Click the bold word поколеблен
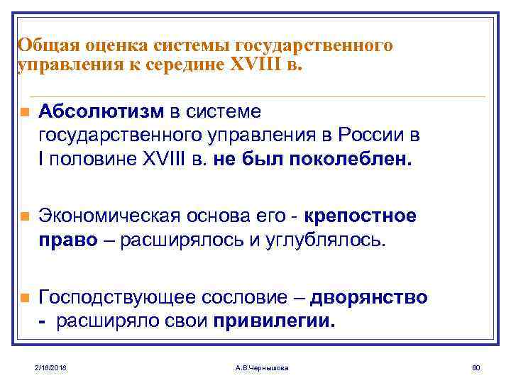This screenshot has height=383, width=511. [x=350, y=159]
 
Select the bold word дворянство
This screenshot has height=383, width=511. [x=370, y=297]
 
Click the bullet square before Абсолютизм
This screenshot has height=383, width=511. [x=24, y=113]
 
